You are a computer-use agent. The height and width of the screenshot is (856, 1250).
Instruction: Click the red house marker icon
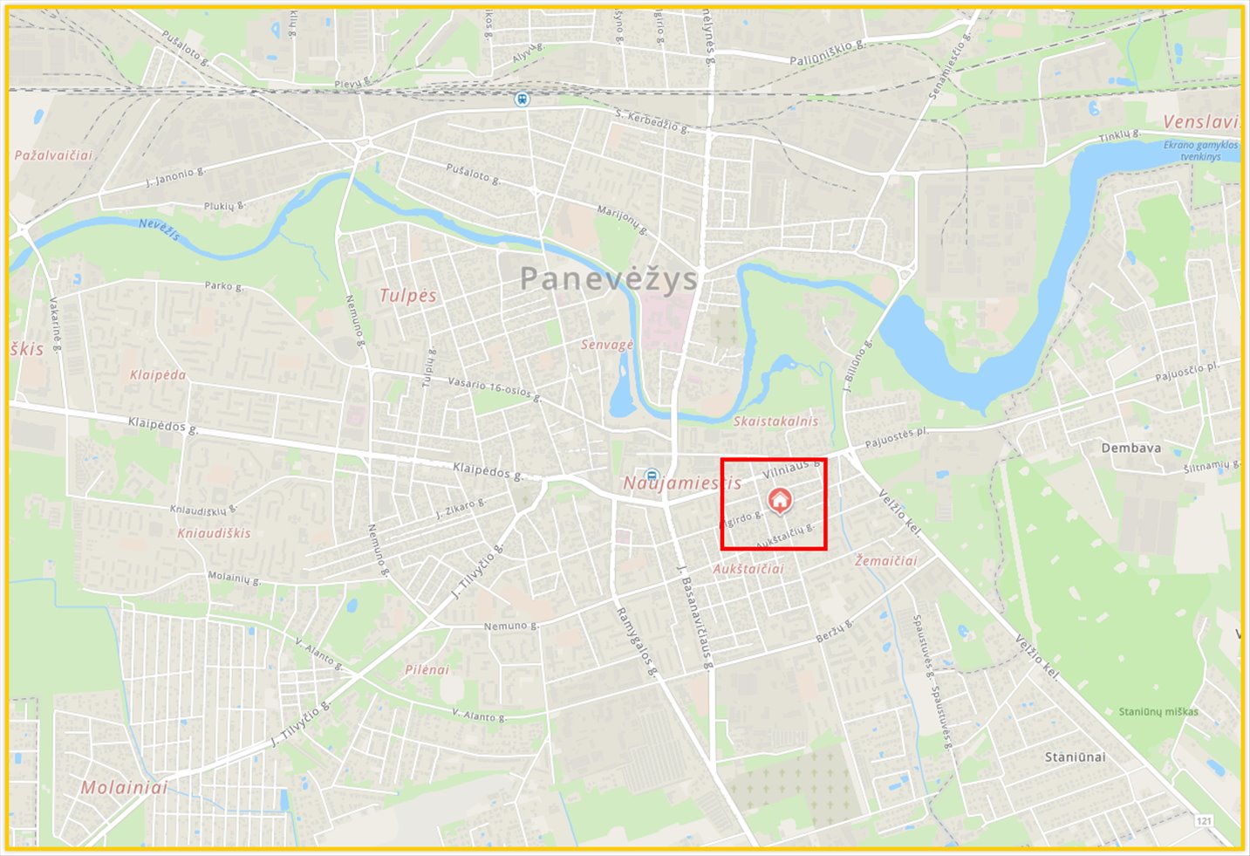pyautogui.click(x=780, y=499)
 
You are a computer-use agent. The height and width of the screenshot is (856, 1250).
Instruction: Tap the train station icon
pyautogui.click(x=522, y=99)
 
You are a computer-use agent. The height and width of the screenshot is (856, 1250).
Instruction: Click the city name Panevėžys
pyautogui.click(x=609, y=279)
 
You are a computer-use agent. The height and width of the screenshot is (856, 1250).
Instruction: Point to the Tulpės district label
pyautogui.click(x=407, y=296)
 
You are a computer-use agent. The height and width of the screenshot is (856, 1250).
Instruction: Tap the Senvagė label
pyautogui.click(x=607, y=345)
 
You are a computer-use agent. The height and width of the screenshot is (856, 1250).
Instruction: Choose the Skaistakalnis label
pyautogui.click(x=775, y=421)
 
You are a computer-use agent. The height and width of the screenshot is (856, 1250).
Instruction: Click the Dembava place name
pyautogui.click(x=1130, y=448)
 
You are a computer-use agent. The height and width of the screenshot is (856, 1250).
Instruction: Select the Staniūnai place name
pyautogui.click(x=1075, y=757)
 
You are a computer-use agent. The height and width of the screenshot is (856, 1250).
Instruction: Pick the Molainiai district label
pyautogui.click(x=124, y=787)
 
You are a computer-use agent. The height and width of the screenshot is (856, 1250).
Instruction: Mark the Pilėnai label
pyautogui.click(x=427, y=669)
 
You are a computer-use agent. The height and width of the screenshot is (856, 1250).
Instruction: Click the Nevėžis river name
pyautogui.click(x=159, y=229)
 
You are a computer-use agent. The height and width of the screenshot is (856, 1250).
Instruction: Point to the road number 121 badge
pyautogui.click(x=1204, y=821)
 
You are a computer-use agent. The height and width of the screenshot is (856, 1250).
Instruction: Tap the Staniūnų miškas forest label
pyautogui.click(x=1158, y=711)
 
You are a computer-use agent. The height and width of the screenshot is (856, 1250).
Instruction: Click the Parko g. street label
pyautogui.click(x=224, y=285)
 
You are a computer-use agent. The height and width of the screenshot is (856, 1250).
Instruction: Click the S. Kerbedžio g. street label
pyautogui.click(x=652, y=120)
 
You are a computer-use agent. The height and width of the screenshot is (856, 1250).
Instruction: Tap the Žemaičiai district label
pyautogui.click(x=885, y=561)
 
